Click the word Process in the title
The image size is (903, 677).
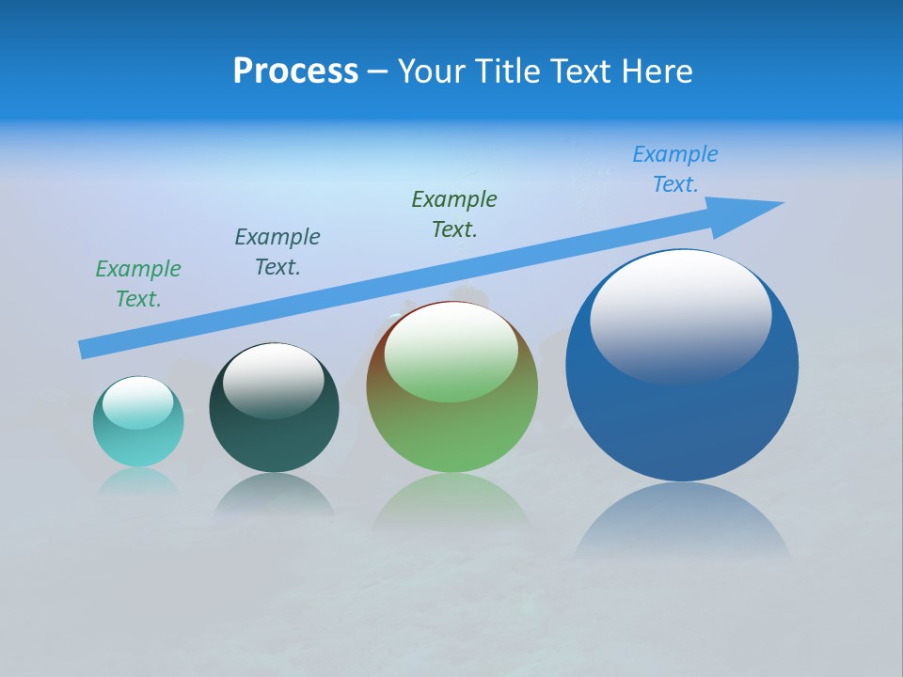295,71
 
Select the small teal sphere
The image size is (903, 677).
138,422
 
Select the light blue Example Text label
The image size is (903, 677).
675,169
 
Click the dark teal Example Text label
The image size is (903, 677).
277,252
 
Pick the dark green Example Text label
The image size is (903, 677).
454,214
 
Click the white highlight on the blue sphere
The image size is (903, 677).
680,315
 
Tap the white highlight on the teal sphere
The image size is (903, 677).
137,401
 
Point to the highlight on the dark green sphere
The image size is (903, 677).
274,378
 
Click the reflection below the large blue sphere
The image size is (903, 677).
682,522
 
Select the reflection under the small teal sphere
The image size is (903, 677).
138,481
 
